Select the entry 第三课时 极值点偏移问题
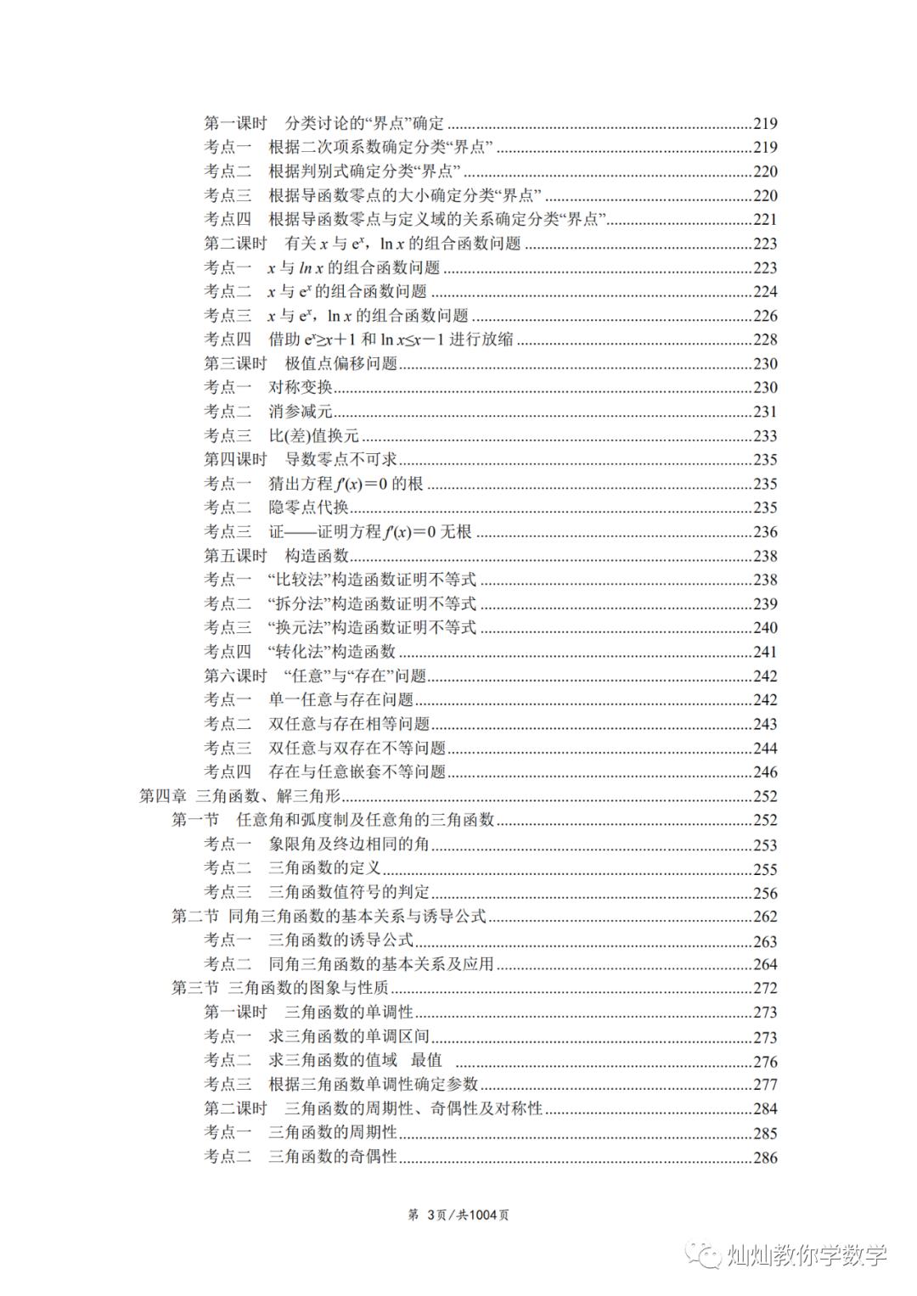click(301, 363)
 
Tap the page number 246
click(765, 772)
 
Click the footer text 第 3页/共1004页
click(458, 1215)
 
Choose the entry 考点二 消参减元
click(267, 412)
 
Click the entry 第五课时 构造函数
click(277, 556)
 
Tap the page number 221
click(765, 220)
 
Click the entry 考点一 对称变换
click(267, 387)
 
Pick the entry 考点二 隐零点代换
click(276, 508)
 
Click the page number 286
click(765, 1158)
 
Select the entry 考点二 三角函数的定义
click(292, 868)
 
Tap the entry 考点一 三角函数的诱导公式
click(308, 940)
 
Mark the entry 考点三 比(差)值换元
click(281, 435)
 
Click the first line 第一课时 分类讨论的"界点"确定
click(323, 123)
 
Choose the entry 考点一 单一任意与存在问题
click(308, 700)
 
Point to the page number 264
click(765, 965)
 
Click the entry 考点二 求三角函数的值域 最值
click(323, 1060)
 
